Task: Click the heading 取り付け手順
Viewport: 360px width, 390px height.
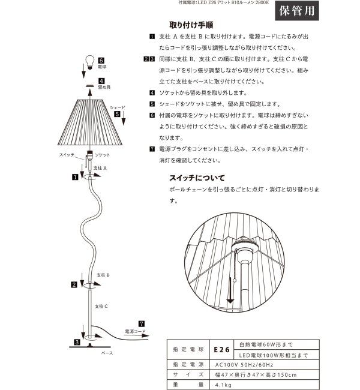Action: tap(193, 25)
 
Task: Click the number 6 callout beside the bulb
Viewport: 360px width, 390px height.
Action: tap(101, 60)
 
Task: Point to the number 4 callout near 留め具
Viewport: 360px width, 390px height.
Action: tap(101, 80)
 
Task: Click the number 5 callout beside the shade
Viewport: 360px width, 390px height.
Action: tap(118, 113)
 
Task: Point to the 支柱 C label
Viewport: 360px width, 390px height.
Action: tap(101, 305)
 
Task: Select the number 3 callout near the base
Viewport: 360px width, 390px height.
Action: tap(77, 342)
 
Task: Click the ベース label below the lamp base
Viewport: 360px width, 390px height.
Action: tap(107, 354)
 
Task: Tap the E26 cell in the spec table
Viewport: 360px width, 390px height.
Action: tap(220, 349)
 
